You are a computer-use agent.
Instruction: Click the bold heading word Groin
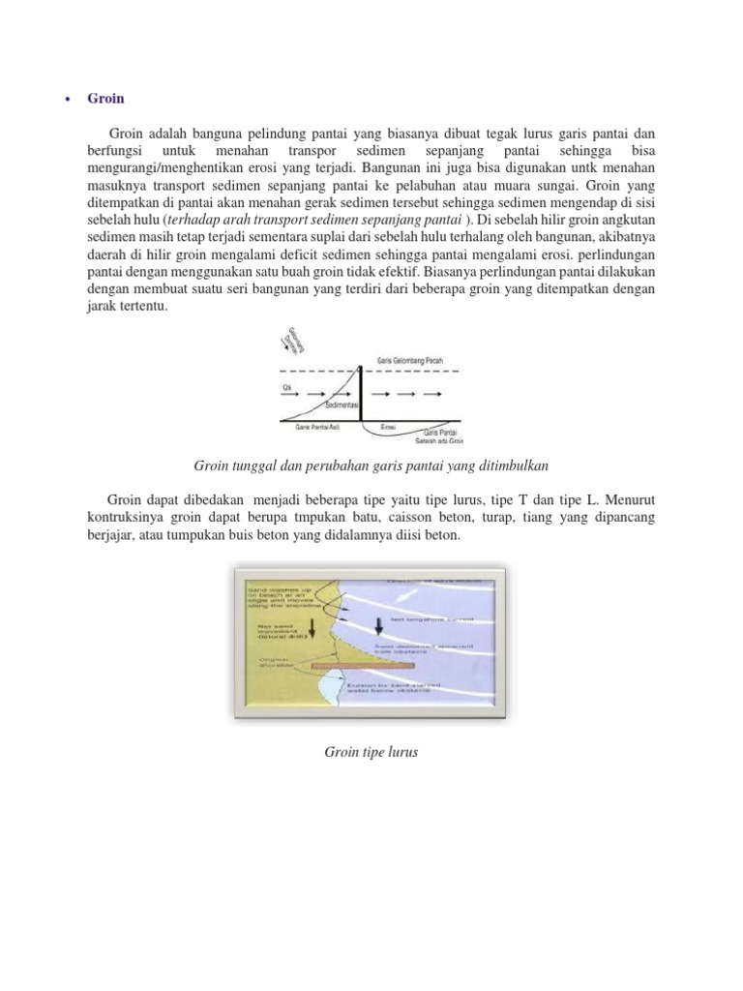pos(105,98)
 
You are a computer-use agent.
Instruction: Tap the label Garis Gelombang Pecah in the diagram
pos(411,359)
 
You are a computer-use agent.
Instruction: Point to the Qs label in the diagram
pos(286,386)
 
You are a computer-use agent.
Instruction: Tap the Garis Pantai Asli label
pos(302,426)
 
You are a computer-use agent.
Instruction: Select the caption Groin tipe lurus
pos(371,751)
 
